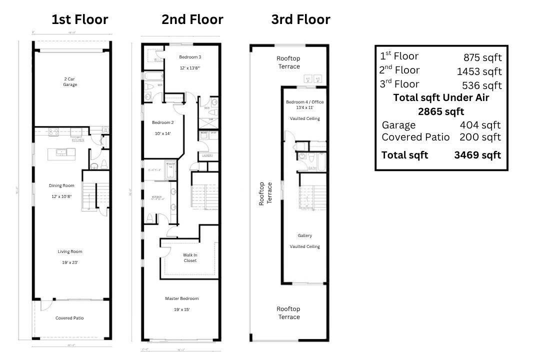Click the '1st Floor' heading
(x=79, y=19)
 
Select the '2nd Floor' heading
(x=192, y=19)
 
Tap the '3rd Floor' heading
(x=300, y=19)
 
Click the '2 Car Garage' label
(x=70, y=82)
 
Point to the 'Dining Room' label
(x=61, y=185)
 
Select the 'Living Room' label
(x=69, y=251)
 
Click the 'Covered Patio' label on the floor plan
(x=69, y=318)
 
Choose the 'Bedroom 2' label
(x=163, y=122)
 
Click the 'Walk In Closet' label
(x=190, y=257)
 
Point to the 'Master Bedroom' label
(x=182, y=298)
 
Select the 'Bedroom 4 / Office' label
(x=304, y=102)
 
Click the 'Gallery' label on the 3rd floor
(x=304, y=235)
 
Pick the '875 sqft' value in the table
(x=482, y=57)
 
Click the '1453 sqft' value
(x=479, y=71)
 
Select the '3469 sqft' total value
(x=477, y=155)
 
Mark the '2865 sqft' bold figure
(x=441, y=111)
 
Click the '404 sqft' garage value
(x=480, y=125)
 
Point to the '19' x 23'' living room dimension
(x=69, y=262)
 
